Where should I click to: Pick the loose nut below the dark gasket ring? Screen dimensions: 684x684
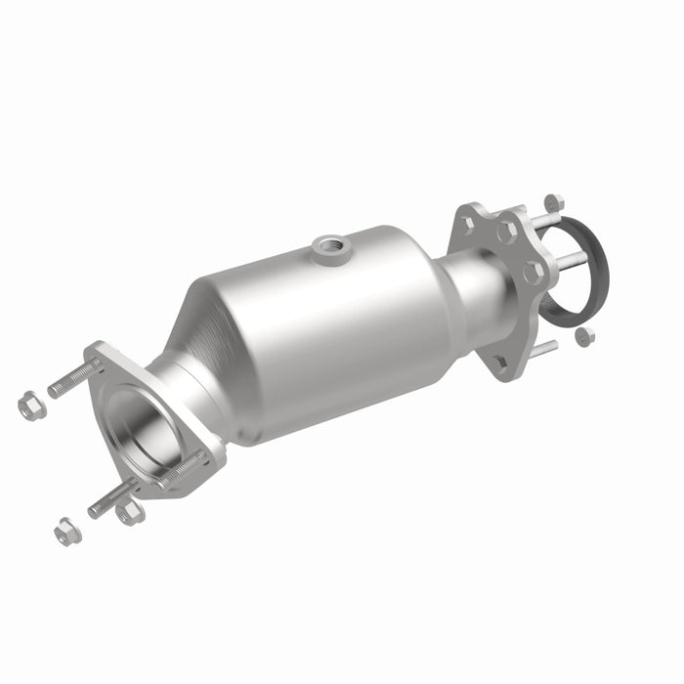pyautogui.click(x=584, y=337)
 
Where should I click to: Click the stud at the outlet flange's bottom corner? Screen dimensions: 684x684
pyautogui.click(x=543, y=351)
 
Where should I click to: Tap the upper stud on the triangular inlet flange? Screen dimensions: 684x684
pyautogui.click(x=73, y=377)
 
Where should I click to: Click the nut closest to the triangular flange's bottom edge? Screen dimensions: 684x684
pyautogui.click(x=129, y=510)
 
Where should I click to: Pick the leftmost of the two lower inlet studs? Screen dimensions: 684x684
pyautogui.click(x=109, y=498)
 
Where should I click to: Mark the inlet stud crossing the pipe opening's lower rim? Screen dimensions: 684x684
pyautogui.click(x=181, y=467)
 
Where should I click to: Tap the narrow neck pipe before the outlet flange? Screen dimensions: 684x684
pyautogui.click(x=479, y=288)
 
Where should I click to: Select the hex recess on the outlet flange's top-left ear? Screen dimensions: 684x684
pyautogui.click(x=467, y=223)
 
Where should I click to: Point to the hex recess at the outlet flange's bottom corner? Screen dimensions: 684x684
pyautogui.click(x=502, y=364)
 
